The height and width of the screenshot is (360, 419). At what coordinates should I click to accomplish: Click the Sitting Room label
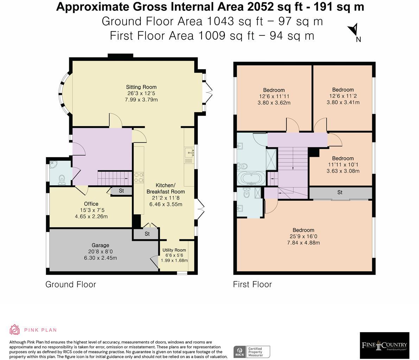[141, 87]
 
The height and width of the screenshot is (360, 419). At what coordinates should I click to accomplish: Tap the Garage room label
[100, 245]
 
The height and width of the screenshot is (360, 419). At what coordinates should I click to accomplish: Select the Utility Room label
[174, 250]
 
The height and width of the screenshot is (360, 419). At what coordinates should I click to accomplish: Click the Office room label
[91, 204]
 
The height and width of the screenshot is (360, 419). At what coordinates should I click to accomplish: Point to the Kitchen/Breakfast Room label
[165, 188]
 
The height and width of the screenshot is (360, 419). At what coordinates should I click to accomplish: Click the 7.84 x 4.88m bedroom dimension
[303, 243]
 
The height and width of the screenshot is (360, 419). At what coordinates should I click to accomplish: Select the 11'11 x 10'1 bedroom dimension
[343, 165]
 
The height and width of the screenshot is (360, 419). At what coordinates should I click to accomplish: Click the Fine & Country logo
[384, 345]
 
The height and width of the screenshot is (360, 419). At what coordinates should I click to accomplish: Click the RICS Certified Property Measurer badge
[252, 352]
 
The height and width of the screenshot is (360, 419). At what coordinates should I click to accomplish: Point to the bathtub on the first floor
[252, 178]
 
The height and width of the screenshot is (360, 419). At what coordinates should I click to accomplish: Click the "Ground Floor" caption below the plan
[70, 284]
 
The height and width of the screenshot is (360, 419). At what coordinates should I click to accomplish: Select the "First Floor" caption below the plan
[252, 284]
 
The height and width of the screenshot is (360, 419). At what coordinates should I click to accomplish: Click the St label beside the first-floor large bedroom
[340, 193]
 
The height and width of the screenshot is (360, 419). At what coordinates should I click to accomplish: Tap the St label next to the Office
[121, 191]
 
